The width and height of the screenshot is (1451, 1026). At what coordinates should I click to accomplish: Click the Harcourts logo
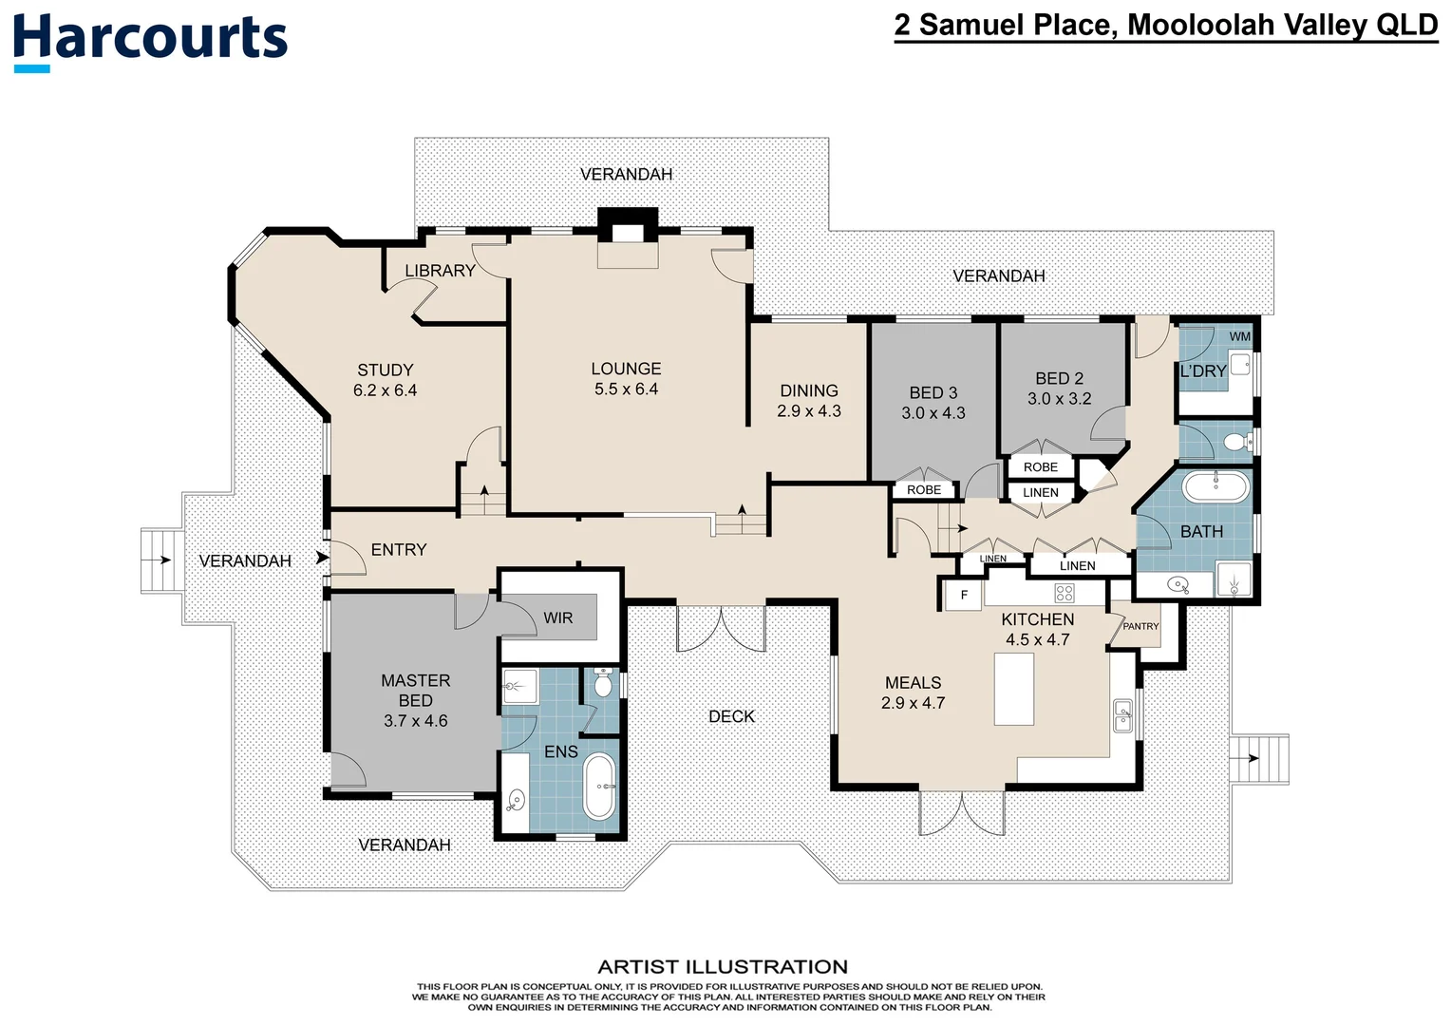click(x=150, y=41)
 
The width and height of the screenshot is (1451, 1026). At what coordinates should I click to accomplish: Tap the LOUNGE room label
click(x=626, y=369)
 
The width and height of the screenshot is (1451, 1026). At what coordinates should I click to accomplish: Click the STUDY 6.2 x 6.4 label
click(x=385, y=380)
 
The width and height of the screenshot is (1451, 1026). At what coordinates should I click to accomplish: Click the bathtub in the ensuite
click(x=599, y=787)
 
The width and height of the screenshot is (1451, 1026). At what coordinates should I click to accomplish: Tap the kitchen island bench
click(x=1014, y=689)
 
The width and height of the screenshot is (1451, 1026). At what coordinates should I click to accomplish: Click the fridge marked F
click(x=964, y=596)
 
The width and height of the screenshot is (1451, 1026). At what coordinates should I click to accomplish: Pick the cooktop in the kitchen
click(x=1065, y=594)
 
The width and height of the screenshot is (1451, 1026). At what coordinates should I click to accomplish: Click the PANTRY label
click(x=1140, y=626)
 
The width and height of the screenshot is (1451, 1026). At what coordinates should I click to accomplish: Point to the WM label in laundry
click(x=1239, y=337)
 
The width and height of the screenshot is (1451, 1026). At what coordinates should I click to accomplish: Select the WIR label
click(x=558, y=618)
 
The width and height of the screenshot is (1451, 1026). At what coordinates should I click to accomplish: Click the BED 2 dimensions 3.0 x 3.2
click(x=1059, y=399)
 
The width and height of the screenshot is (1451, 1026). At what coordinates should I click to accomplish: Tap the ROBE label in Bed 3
click(x=923, y=490)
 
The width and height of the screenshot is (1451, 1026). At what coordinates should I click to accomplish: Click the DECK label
click(x=731, y=716)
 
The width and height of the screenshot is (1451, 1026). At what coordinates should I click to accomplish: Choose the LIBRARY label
click(x=440, y=271)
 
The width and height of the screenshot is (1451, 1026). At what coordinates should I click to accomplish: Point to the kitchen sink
click(x=1122, y=715)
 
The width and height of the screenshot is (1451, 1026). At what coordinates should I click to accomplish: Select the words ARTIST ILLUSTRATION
click(x=723, y=967)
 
